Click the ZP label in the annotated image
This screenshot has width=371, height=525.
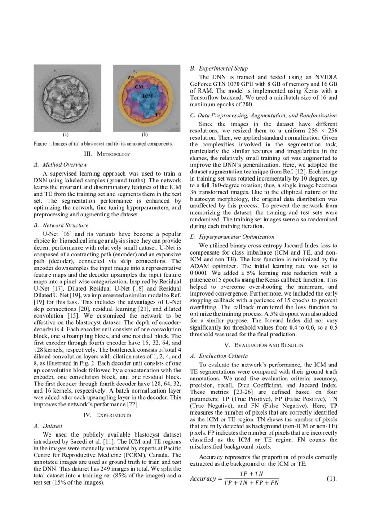pyautogui.click(x=130, y=78)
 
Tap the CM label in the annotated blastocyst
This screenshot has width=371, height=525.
pyautogui.click(x=139, y=86)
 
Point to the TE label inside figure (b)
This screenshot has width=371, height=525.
pyautogui.click(x=158, y=115)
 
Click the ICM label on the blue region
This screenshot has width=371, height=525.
pyautogui.click(x=147, y=97)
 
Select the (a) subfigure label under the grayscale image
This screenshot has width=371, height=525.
pyautogui.click(x=66, y=134)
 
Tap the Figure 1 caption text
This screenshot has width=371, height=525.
pyautogui.click(x=103, y=143)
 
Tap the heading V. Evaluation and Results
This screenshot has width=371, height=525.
pyautogui.click(x=263, y=345)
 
